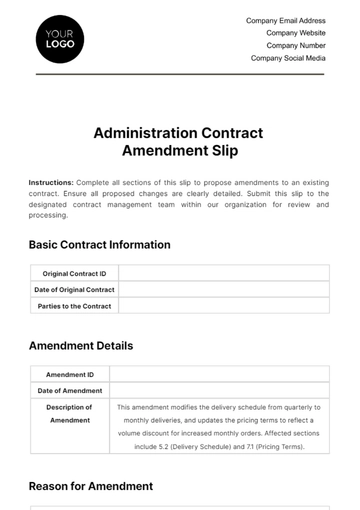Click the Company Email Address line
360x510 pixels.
(285, 20)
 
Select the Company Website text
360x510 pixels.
(295, 32)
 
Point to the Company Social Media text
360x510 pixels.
(288, 58)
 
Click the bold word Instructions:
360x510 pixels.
(51, 183)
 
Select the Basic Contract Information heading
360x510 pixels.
(100, 245)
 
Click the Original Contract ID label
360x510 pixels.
(75, 273)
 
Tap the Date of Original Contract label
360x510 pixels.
(75, 289)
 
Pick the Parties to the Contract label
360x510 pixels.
(75, 306)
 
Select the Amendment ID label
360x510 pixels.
(70, 374)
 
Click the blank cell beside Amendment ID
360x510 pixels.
(219, 374)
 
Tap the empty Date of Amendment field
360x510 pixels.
(219, 390)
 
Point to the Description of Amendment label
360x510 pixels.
(70, 414)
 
